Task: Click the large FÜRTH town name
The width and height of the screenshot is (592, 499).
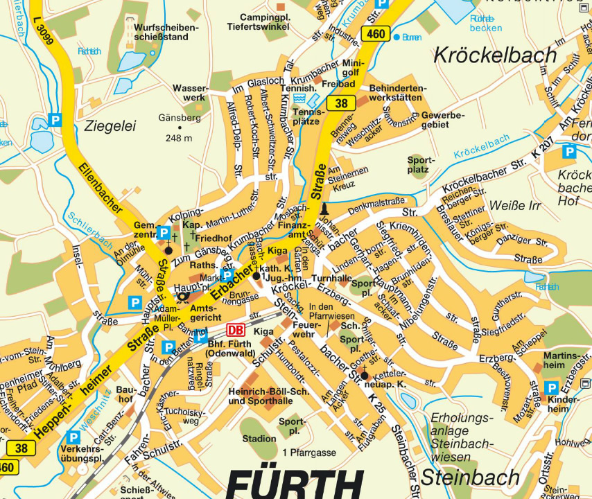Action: pyautogui.click(x=295, y=484)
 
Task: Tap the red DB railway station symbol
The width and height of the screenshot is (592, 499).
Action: pyautogui.click(x=236, y=331)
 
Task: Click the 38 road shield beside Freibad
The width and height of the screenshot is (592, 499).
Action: pyautogui.click(x=341, y=104)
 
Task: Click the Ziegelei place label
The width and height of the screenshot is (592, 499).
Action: pyautogui.click(x=110, y=125)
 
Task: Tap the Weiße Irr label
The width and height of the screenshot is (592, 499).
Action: pyautogui.click(x=514, y=206)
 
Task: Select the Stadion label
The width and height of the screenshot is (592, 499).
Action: pyautogui.click(x=259, y=438)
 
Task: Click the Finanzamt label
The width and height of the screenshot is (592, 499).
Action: pyautogui.click(x=292, y=229)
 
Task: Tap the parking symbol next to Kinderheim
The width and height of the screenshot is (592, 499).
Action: pyautogui.click(x=551, y=388)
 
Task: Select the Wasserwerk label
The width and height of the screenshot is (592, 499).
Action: pyautogui.click(x=189, y=93)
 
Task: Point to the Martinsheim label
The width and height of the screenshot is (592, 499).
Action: pyautogui.click(x=561, y=360)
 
